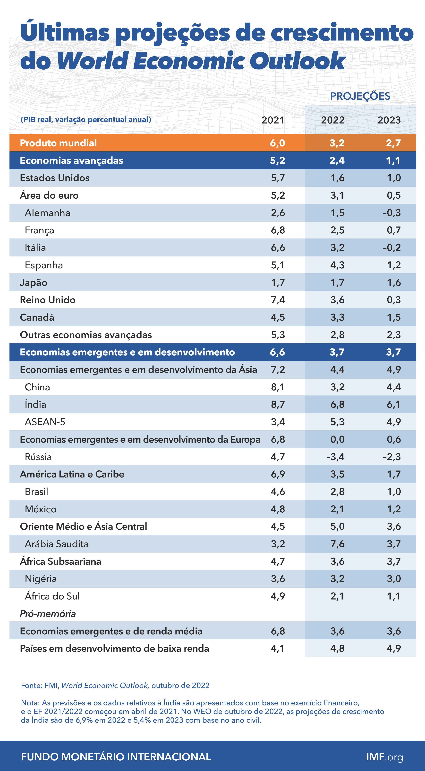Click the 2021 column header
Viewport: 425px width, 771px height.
pos(272,120)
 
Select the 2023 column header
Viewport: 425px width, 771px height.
pos(389,120)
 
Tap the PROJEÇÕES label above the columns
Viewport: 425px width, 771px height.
pos(360,96)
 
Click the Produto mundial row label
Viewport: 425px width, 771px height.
pos(58,143)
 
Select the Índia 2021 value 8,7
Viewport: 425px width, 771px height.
pos(278,404)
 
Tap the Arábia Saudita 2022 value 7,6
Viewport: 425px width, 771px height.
pos(337,544)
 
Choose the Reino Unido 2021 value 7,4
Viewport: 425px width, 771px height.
pos(278,300)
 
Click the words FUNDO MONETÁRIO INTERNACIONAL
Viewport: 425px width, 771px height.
pos(116,757)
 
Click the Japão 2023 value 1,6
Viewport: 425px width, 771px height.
pos(394,283)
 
